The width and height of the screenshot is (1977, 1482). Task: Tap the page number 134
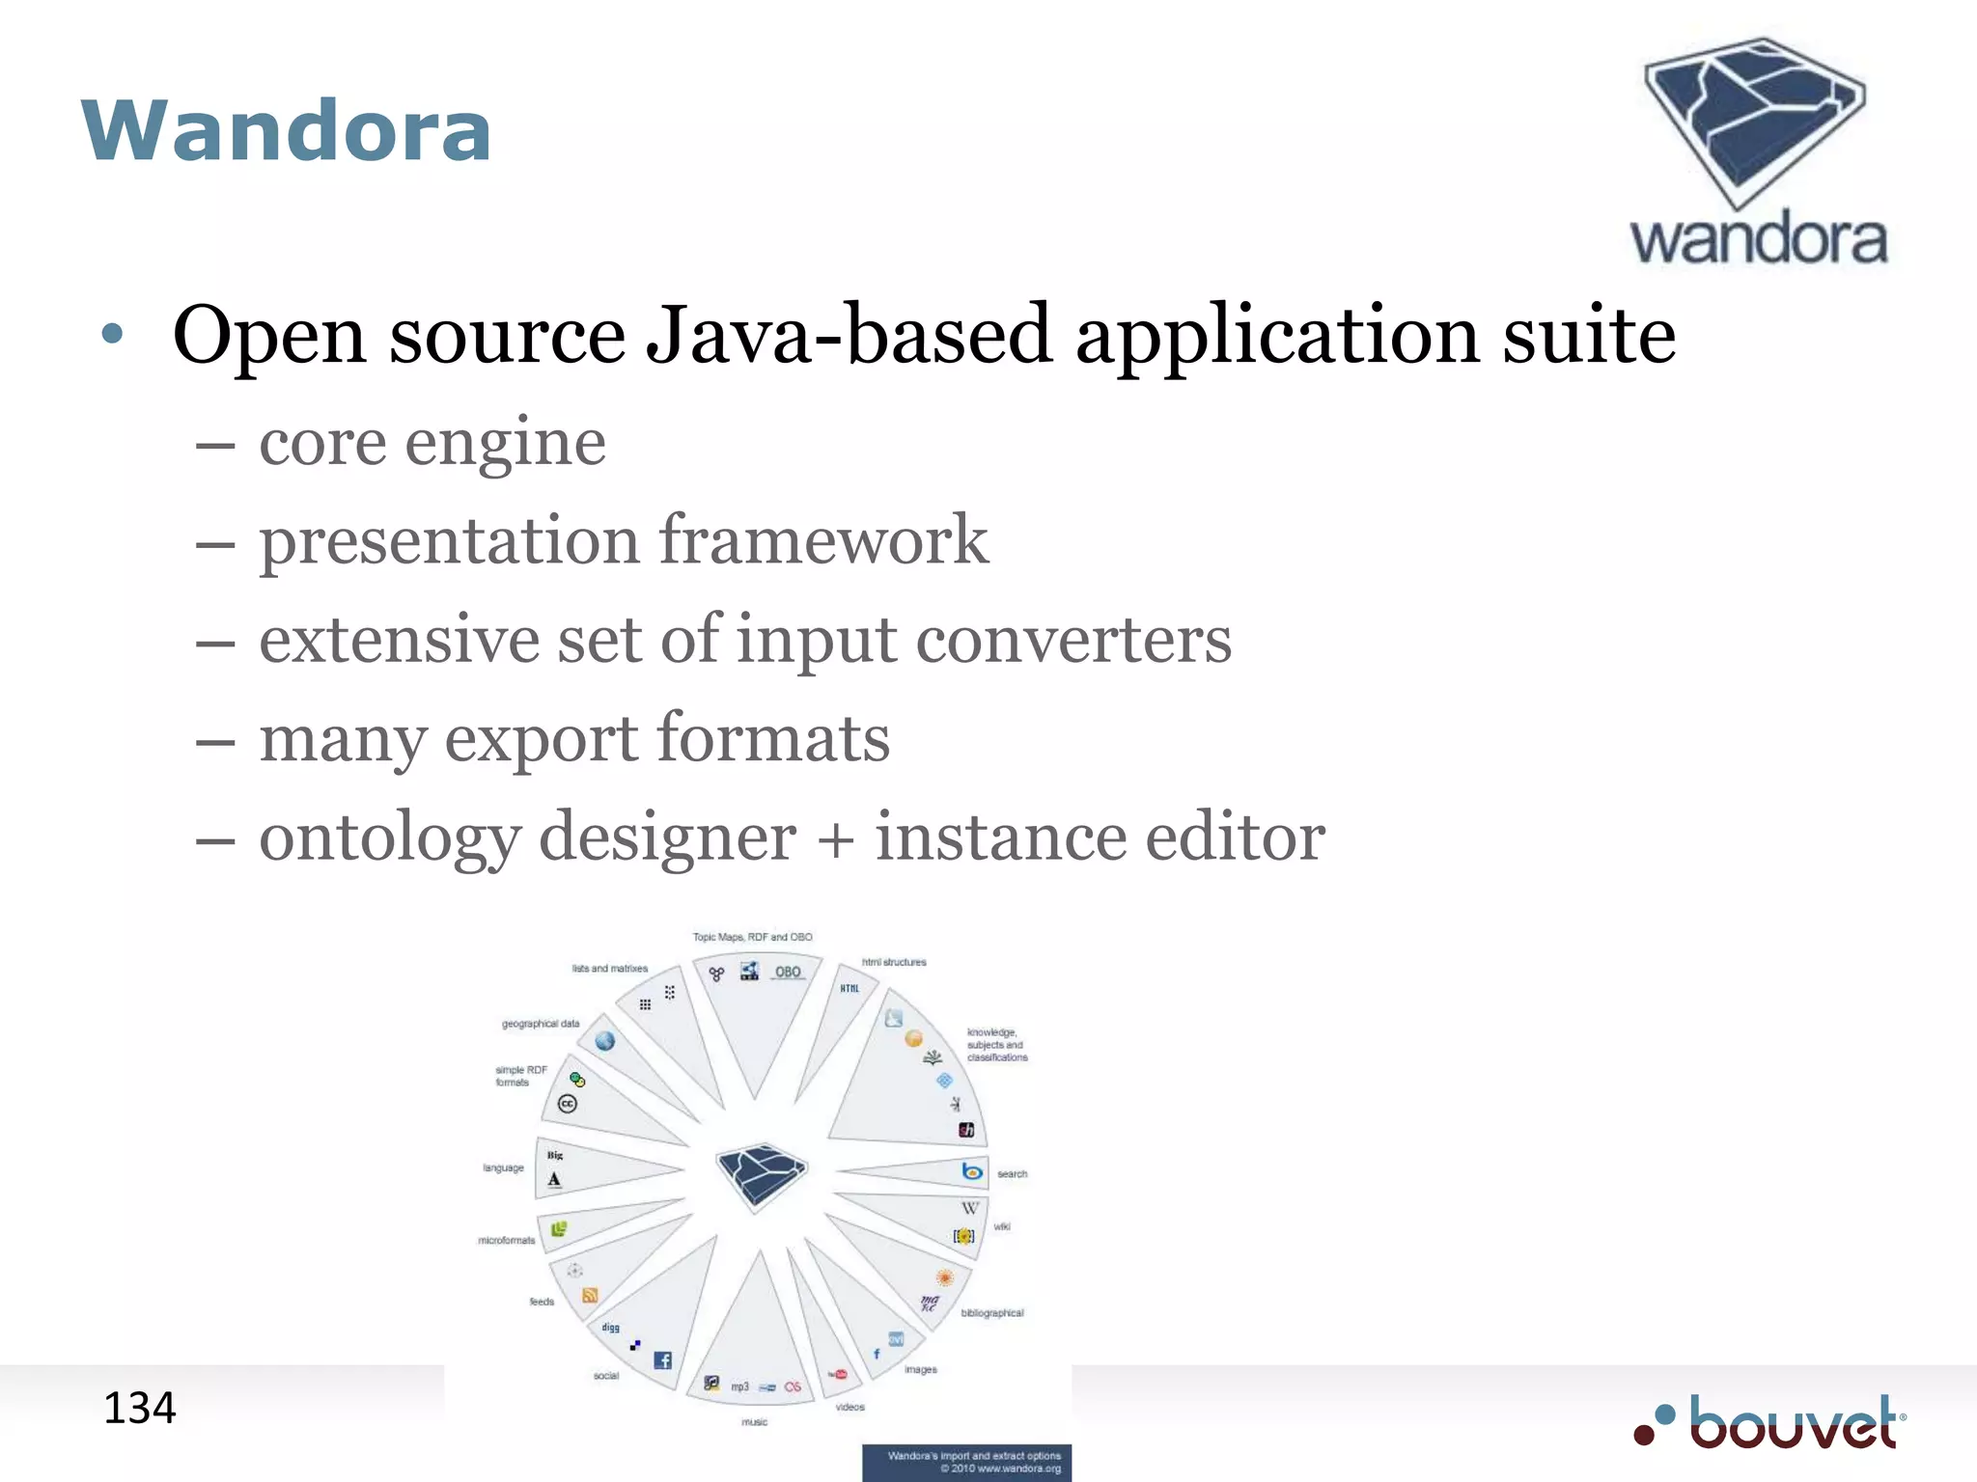(140, 1409)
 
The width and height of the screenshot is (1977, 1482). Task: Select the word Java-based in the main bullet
(848, 335)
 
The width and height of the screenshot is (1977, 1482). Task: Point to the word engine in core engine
(505, 443)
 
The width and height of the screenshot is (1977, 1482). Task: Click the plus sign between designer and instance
(836, 837)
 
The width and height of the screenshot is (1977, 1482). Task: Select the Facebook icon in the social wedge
(662, 1360)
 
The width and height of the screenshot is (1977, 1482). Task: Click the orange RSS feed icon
(590, 1296)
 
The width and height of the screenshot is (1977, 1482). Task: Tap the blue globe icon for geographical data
(605, 1041)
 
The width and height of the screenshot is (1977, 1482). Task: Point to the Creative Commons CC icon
(568, 1104)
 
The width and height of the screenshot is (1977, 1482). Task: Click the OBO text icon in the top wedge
(788, 972)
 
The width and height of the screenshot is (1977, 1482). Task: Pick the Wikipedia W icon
(969, 1208)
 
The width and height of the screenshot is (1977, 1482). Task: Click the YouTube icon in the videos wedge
(838, 1374)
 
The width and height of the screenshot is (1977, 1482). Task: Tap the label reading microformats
(506, 1240)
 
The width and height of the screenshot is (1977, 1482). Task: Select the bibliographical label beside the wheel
(991, 1313)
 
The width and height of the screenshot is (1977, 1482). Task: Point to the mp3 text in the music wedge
(739, 1386)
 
